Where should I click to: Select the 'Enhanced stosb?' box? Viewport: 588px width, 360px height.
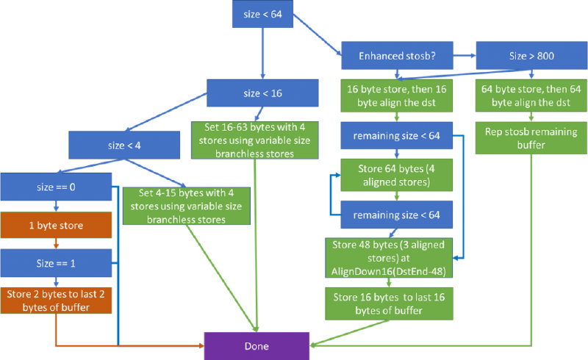pos(396,56)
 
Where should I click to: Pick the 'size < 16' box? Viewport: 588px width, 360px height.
pos(262,93)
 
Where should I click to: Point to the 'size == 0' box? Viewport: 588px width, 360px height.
pos(57,187)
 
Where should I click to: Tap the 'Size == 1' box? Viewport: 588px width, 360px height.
pos(57,262)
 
